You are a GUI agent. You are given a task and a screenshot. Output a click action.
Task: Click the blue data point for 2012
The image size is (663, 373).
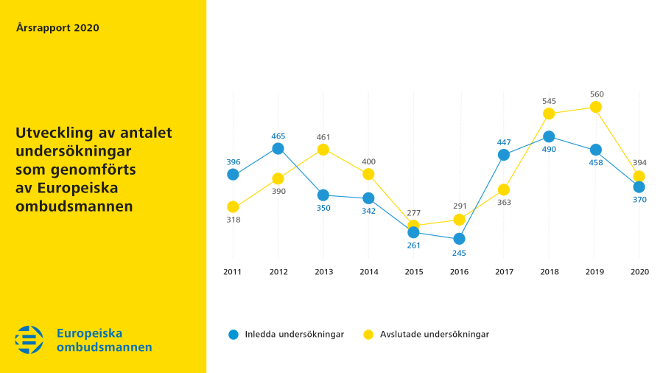click(278, 148)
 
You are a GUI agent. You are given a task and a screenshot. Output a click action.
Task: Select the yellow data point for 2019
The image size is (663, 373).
click(594, 107)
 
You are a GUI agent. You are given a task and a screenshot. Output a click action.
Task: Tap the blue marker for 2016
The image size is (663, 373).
click(459, 239)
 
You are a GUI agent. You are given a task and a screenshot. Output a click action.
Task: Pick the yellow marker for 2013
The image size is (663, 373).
click(323, 150)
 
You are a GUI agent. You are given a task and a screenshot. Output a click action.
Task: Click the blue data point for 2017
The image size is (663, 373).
click(504, 155)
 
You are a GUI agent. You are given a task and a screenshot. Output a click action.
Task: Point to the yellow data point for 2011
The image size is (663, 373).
click(233, 206)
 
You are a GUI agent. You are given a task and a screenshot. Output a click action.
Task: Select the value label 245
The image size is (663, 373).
click(459, 253)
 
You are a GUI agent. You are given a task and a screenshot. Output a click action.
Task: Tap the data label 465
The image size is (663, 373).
click(278, 136)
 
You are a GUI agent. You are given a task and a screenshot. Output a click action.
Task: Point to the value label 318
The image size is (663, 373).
click(234, 220)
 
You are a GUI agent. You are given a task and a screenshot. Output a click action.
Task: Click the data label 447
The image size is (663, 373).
click(504, 142)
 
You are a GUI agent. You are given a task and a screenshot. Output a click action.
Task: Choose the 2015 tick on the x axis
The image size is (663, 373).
click(414, 272)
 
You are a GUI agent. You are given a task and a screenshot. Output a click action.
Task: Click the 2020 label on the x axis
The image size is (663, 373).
click(639, 272)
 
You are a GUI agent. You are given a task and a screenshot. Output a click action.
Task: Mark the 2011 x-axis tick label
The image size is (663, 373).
click(233, 272)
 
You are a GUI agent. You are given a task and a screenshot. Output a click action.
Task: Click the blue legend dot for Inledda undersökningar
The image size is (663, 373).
click(234, 334)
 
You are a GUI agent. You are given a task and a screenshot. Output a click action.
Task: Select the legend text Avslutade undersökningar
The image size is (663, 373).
click(434, 334)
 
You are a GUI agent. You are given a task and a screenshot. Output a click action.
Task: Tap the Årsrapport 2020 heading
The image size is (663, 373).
click(57, 28)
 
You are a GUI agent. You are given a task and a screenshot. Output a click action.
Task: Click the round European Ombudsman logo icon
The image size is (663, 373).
click(29, 339)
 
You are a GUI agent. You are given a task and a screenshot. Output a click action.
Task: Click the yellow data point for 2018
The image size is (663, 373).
click(549, 114)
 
